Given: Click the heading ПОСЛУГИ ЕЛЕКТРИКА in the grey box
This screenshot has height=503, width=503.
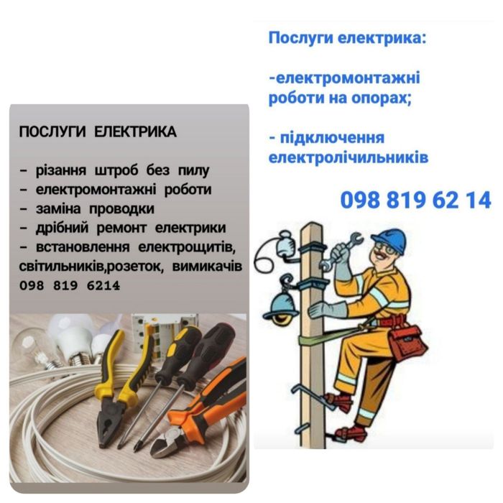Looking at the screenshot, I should coord(97,132).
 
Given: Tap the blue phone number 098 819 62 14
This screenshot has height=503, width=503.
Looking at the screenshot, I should coord(415,200).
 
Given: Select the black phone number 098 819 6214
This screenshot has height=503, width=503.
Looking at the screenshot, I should coord(70,285).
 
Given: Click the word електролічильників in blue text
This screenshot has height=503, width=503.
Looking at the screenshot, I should coord(348,157).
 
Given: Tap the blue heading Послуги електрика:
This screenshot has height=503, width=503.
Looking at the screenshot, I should coord(347,37).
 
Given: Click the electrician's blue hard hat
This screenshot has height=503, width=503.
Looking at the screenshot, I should coord(391,237).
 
